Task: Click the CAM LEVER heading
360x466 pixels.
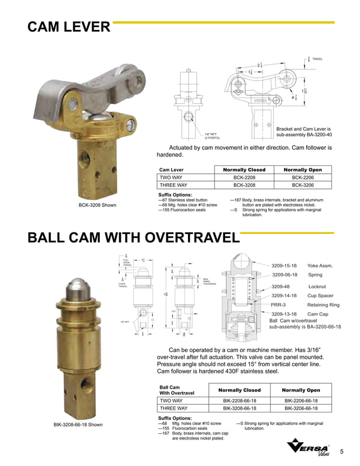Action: [x=69, y=27]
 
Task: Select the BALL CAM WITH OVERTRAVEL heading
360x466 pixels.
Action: [x=134, y=238]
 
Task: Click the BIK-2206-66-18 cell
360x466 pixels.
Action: [x=301, y=401]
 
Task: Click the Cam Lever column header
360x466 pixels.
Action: [x=172, y=169]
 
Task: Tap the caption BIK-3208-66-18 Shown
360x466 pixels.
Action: [x=78, y=424]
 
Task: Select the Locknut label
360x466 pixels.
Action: [x=317, y=287]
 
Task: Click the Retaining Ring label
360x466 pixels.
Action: [x=323, y=305]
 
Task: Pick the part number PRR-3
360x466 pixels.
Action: [x=279, y=305]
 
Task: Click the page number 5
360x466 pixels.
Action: [x=342, y=451]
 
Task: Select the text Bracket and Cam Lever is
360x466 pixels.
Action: [x=304, y=130]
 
